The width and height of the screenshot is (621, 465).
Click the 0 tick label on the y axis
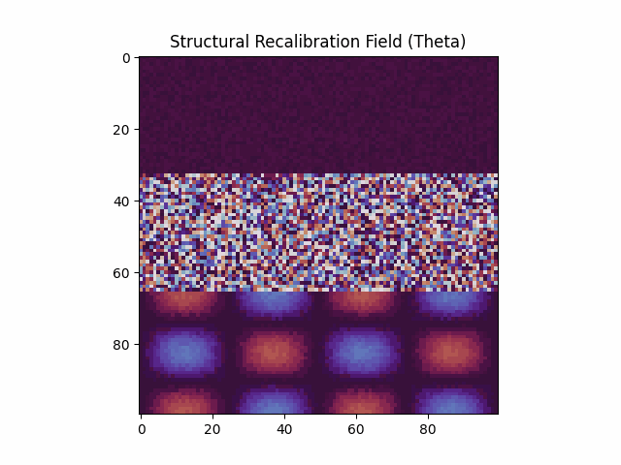[x=125, y=58]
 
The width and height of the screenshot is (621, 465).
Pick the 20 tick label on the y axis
[x=121, y=130]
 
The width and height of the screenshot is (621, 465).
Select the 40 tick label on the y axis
[x=121, y=201]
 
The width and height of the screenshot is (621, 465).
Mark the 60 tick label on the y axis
[x=121, y=273]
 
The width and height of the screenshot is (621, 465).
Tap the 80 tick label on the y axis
[x=121, y=345]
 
